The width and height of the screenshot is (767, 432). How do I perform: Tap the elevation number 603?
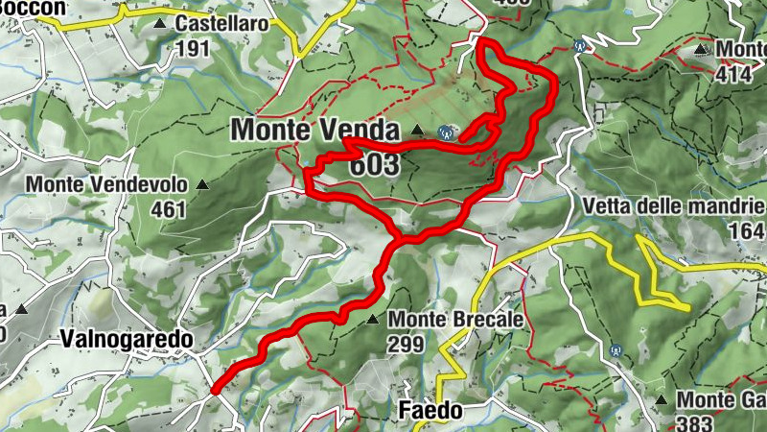[374, 165]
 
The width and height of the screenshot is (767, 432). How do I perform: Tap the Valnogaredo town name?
[126, 339]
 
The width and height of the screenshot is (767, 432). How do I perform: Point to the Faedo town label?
[430, 412]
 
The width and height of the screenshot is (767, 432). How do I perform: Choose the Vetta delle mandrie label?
[673, 206]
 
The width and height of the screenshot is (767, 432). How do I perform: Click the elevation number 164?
[747, 231]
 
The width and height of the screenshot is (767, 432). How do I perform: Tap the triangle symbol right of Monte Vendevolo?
[202, 183]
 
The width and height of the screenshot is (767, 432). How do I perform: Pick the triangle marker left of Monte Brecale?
[373, 319]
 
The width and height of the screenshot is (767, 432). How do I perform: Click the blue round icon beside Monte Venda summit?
[444, 132]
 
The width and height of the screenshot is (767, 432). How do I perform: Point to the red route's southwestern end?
[215, 390]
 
